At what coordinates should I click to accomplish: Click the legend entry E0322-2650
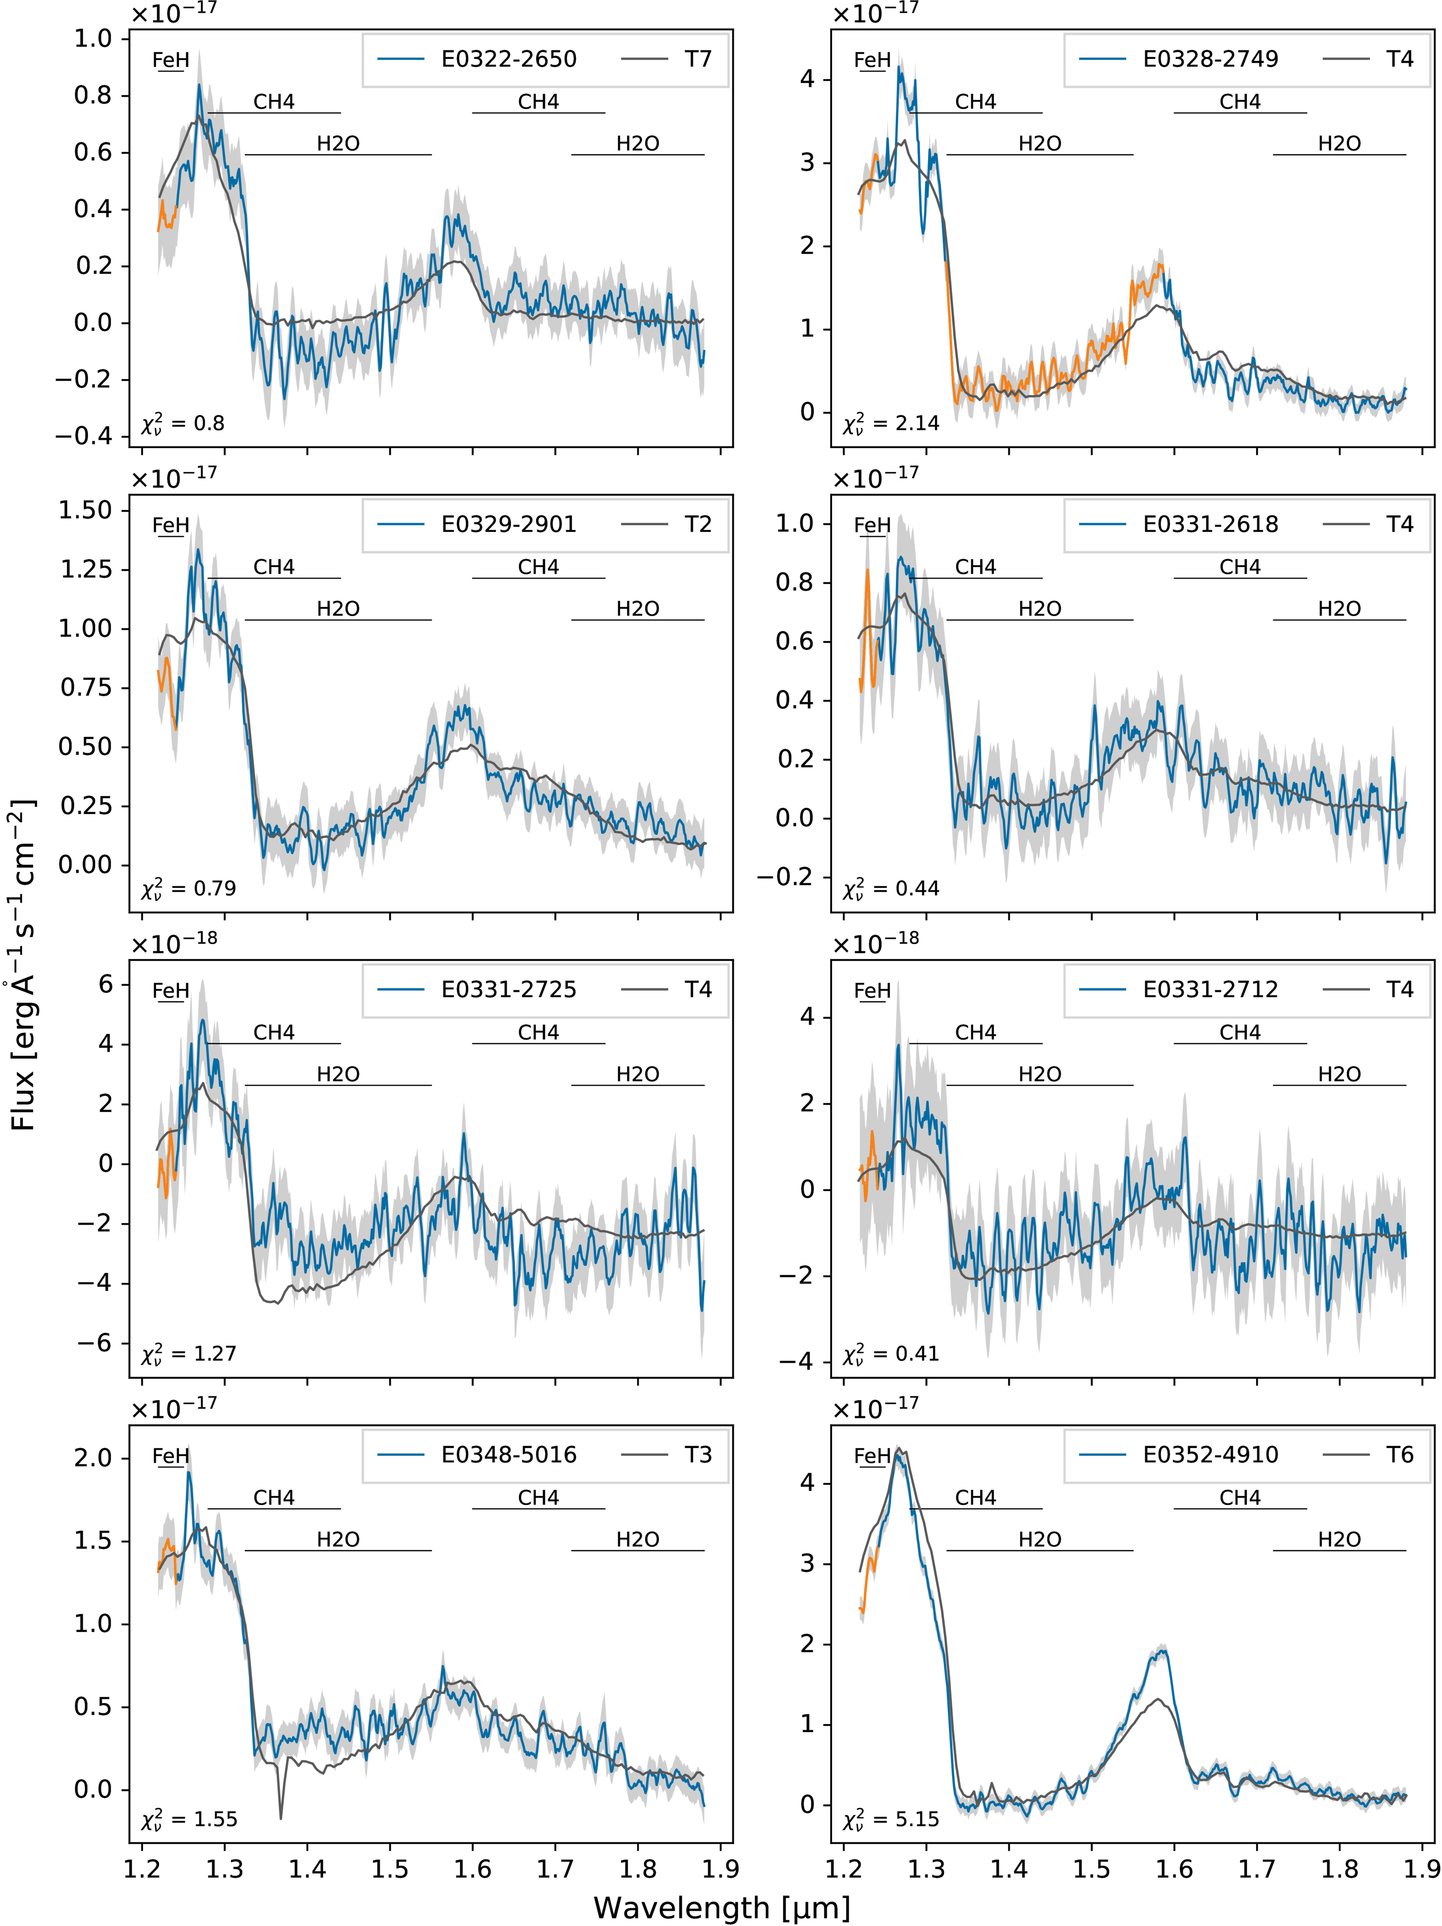point(508,59)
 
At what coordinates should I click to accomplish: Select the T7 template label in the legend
point(697,59)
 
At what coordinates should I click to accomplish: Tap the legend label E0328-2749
point(1211,59)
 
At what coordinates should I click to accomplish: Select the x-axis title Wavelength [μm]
point(721,1908)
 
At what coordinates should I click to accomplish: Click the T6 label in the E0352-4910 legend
point(1399,1455)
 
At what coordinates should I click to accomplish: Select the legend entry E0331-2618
point(1211,524)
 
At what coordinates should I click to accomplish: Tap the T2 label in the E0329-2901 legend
point(697,524)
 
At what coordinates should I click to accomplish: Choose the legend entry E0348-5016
point(508,1455)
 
